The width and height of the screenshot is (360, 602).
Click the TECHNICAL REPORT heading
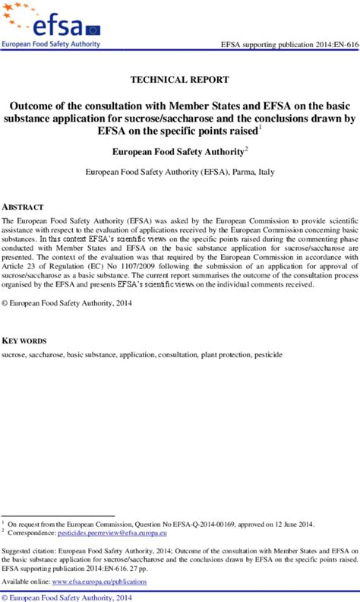point(179,79)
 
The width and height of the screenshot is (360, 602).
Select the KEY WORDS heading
point(25,341)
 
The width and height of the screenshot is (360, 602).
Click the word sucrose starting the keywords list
point(15,355)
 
